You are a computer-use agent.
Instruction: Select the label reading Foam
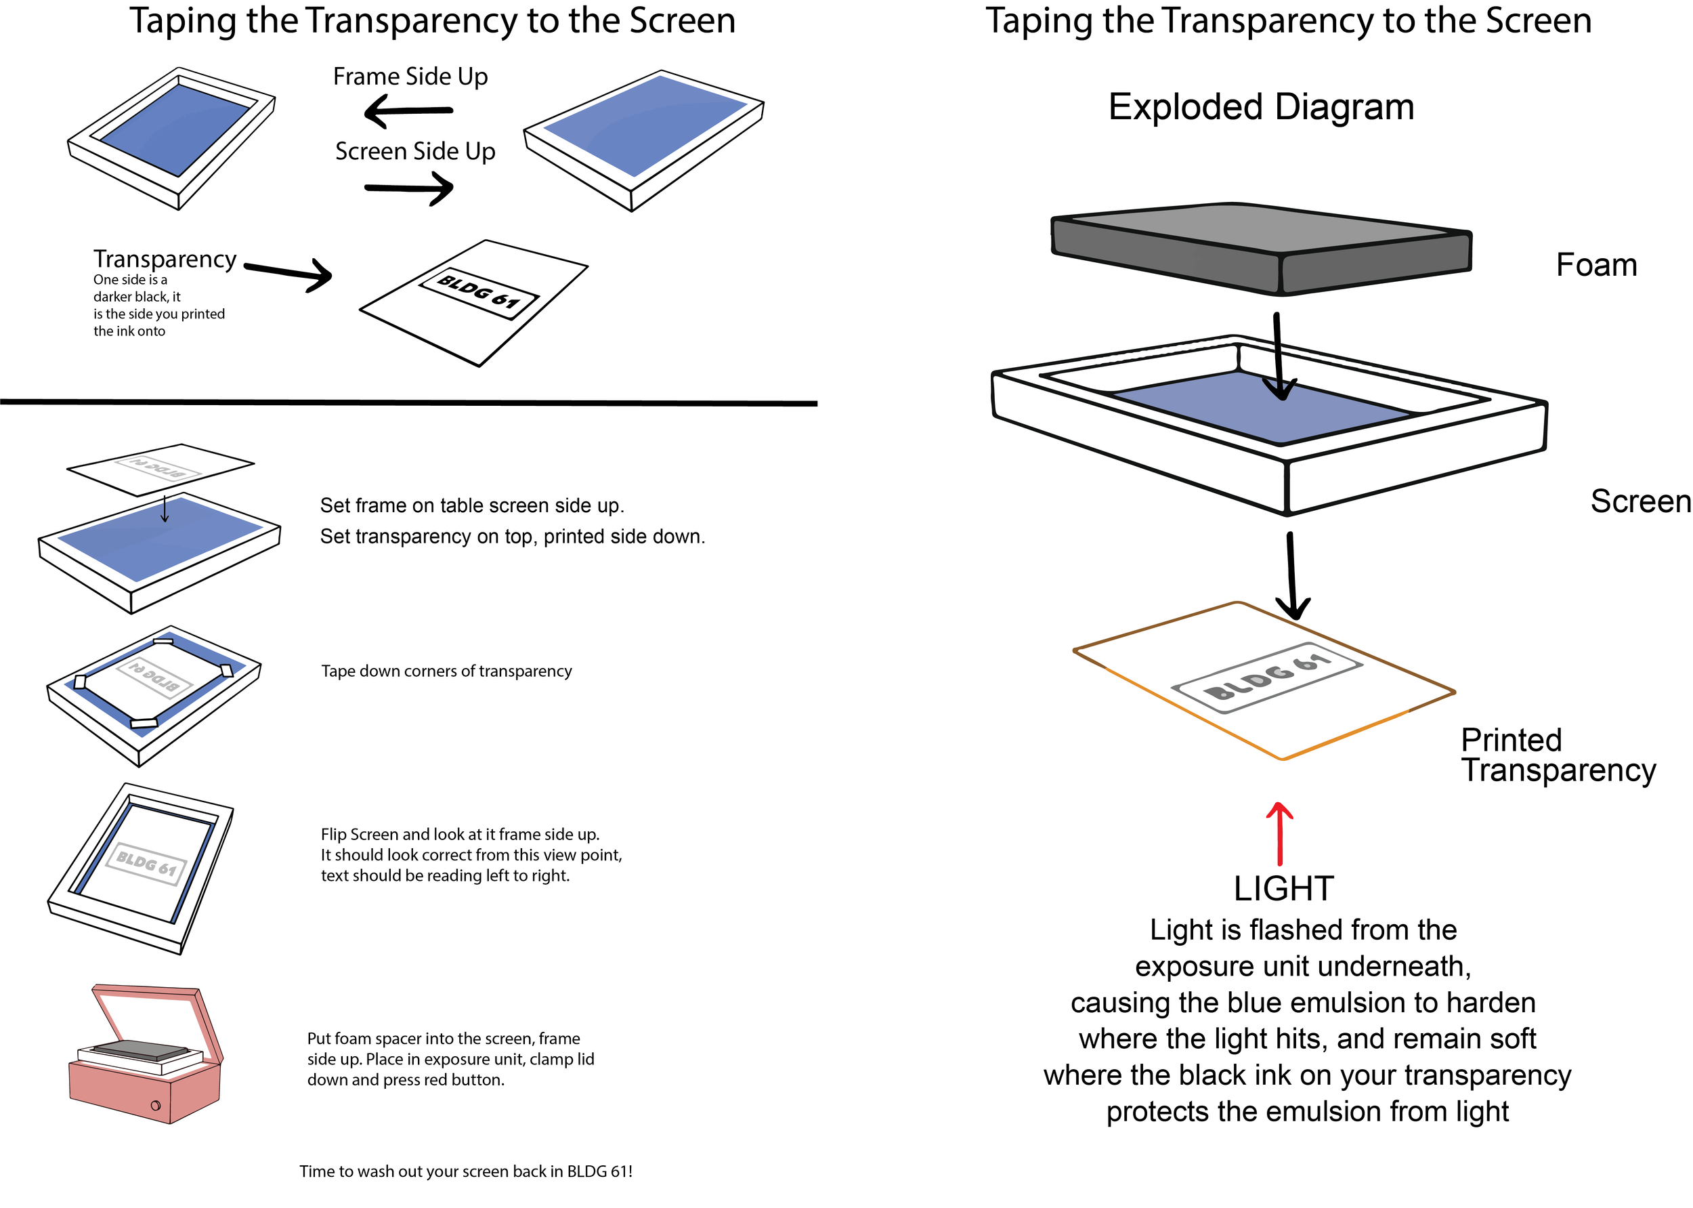(x=1596, y=266)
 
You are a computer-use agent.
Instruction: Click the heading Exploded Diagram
(x=1260, y=107)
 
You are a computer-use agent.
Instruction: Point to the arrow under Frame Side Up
(x=408, y=112)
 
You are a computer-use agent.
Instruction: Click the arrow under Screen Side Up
(x=410, y=188)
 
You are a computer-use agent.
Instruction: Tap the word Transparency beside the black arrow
(x=165, y=259)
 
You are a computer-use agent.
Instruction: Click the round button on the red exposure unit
(x=155, y=1105)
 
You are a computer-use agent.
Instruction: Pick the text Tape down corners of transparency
(x=446, y=671)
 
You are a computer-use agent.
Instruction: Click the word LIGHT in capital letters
(x=1283, y=889)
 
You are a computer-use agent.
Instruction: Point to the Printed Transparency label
(x=1558, y=755)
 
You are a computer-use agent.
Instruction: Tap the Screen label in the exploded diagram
(x=1640, y=501)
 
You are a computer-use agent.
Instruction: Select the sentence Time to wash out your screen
(x=465, y=1171)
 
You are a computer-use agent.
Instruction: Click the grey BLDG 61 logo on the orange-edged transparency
(x=1266, y=678)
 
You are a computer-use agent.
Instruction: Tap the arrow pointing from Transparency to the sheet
(x=288, y=273)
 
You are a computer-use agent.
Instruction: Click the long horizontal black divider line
(x=408, y=402)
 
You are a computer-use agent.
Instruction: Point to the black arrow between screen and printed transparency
(x=1292, y=576)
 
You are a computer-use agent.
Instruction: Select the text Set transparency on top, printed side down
(x=512, y=537)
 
